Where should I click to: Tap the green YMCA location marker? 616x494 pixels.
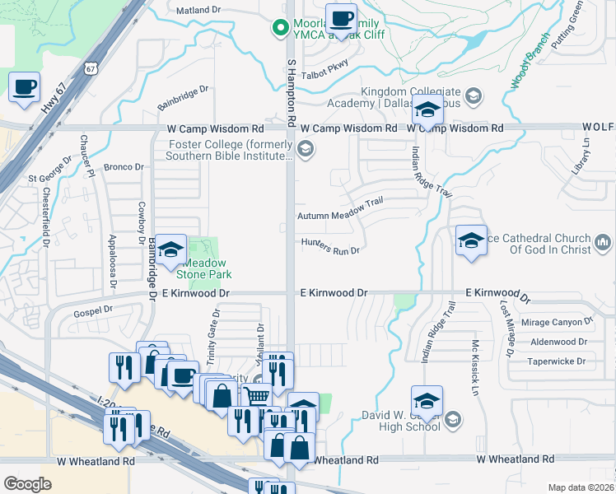281,28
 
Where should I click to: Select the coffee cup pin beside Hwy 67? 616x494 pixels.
24,87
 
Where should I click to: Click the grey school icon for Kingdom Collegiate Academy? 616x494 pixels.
473,97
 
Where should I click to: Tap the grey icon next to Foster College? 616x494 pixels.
306,148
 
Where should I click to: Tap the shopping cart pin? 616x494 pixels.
257,396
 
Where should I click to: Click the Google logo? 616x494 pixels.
26,484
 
